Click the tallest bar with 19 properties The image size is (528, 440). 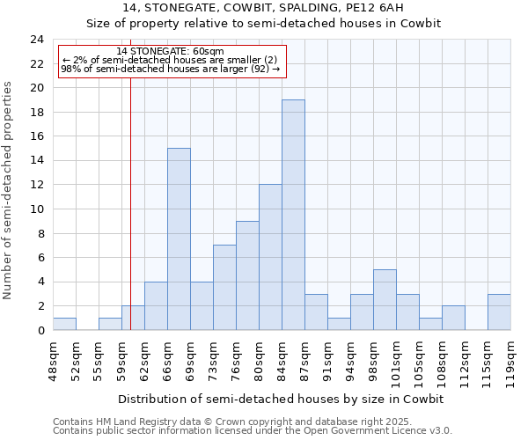click(293, 215)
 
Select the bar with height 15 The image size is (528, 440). click(179, 239)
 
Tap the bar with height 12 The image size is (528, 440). click(270, 257)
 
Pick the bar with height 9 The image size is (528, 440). click(247, 275)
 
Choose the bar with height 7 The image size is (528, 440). click(224, 288)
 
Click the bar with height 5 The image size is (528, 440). click(385, 300)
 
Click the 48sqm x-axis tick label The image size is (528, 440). click(53, 358)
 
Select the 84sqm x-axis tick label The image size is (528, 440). click(282, 358)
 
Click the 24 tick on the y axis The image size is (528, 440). click(37, 40)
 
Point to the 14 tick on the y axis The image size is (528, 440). click(37, 161)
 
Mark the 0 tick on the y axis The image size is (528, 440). click(40, 330)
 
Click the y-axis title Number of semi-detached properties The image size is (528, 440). click(9, 190)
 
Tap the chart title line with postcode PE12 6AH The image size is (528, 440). click(263, 8)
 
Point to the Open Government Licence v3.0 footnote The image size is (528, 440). click(253, 430)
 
